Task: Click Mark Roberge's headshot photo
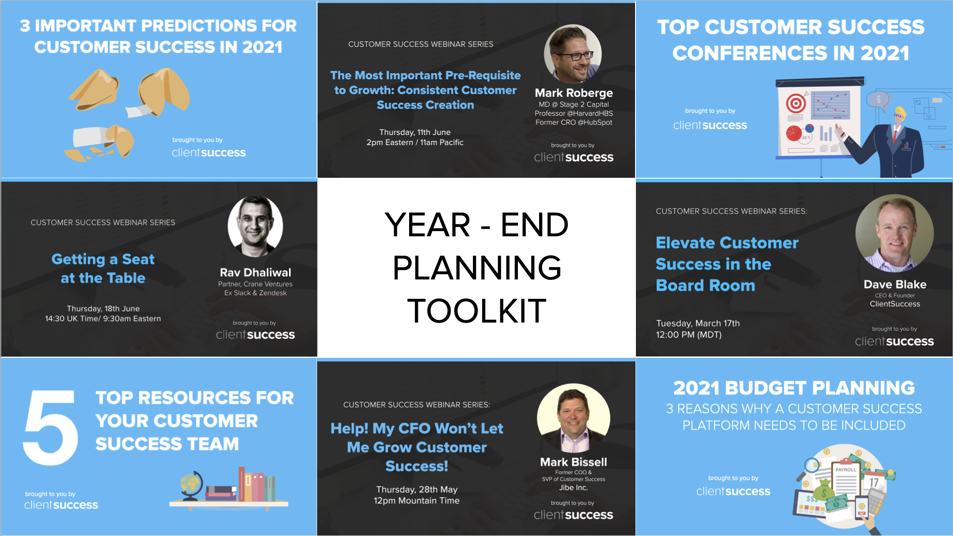point(573,54)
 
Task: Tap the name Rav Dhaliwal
point(255,272)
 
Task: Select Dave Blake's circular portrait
point(894,233)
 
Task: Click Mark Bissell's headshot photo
point(573,419)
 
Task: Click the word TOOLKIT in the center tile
point(476,311)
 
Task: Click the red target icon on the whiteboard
point(796,104)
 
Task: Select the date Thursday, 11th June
point(415,132)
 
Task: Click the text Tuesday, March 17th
point(698,323)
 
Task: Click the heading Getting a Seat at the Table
point(103,268)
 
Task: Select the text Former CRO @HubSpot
point(573,122)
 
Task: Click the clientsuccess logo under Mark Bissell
point(573,514)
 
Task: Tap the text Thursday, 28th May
point(417,489)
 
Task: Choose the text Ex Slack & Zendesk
point(255,293)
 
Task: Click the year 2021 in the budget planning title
point(697,388)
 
